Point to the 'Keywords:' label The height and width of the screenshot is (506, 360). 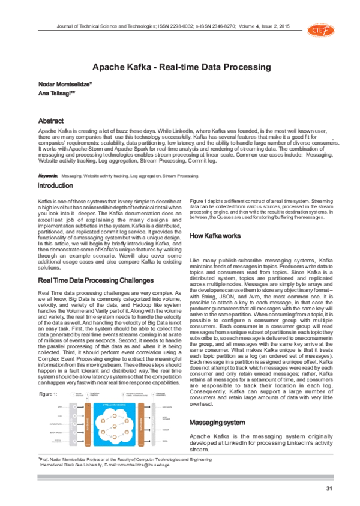[x=48, y=176]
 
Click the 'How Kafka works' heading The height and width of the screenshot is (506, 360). [x=216, y=236]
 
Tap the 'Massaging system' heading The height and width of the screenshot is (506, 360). [x=217, y=421]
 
